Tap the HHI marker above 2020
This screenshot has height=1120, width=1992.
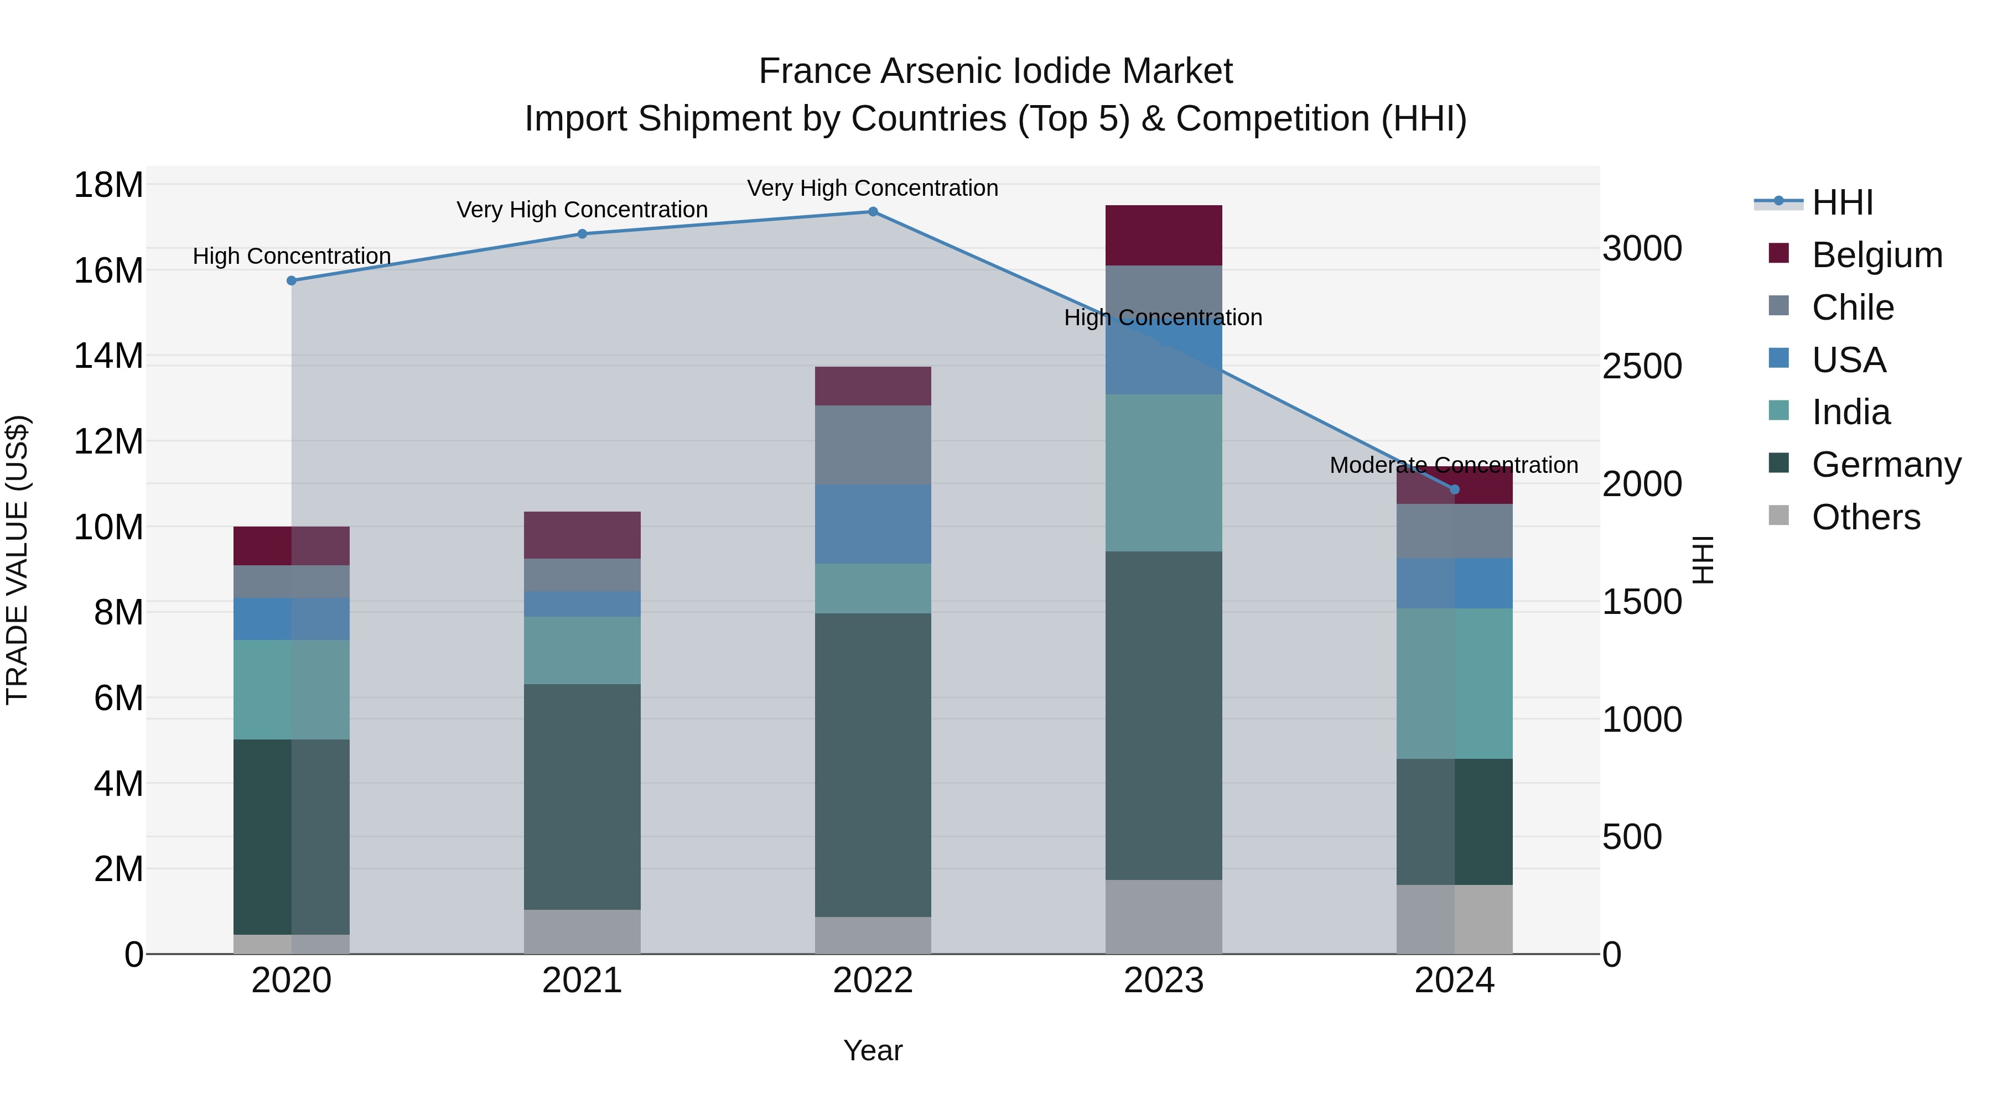tap(292, 280)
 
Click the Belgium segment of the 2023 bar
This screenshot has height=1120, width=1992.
tap(1163, 235)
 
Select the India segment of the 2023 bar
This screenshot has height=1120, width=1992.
tap(1163, 472)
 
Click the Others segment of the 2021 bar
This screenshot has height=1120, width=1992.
tap(582, 931)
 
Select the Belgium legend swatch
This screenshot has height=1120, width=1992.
tap(1778, 253)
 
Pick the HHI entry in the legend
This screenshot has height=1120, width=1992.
tap(1842, 202)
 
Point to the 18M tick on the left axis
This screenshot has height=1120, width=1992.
tap(108, 185)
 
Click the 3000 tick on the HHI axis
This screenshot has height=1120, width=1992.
tap(1642, 249)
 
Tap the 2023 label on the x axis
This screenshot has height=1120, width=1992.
tap(1163, 981)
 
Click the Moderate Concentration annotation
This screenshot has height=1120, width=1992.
tap(1454, 465)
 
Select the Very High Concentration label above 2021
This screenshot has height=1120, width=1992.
tap(582, 210)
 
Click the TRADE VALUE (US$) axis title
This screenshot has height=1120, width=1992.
tap(17, 560)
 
